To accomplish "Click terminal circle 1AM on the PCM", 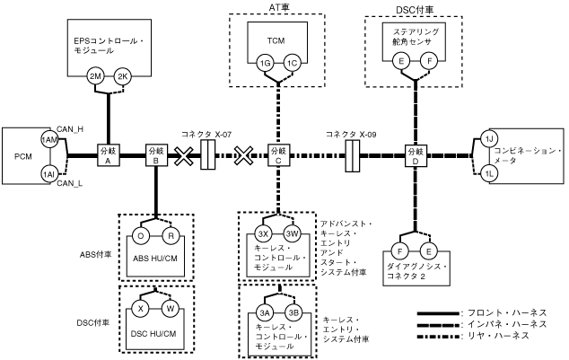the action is pyautogui.click(x=49, y=140).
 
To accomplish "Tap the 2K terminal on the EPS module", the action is pyautogui.click(x=123, y=76).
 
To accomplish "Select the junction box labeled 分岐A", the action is pyautogui.click(x=108, y=155).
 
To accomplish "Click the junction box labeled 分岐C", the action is pyautogui.click(x=279, y=155).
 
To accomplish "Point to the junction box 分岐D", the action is pyautogui.click(x=416, y=155).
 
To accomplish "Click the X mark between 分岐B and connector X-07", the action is pyautogui.click(x=184, y=155).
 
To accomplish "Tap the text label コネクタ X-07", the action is pyautogui.click(x=206, y=135).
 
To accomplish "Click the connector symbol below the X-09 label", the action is pyautogui.click(x=352, y=156).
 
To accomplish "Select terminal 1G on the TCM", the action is pyautogui.click(x=265, y=63).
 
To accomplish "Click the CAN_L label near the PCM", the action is pyautogui.click(x=69, y=183).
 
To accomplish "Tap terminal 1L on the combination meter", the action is pyautogui.click(x=489, y=173).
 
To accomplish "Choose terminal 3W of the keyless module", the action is pyautogui.click(x=292, y=234).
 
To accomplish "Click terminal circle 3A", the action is pyautogui.click(x=265, y=312).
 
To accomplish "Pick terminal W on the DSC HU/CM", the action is pyautogui.click(x=171, y=309).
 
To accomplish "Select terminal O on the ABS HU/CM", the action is pyautogui.click(x=140, y=236).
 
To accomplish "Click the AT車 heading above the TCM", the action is pyautogui.click(x=279, y=7).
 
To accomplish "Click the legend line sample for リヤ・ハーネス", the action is pyautogui.click(x=438, y=337).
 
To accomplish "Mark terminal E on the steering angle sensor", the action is pyautogui.click(x=401, y=61).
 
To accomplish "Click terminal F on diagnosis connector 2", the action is pyautogui.click(x=400, y=251).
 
